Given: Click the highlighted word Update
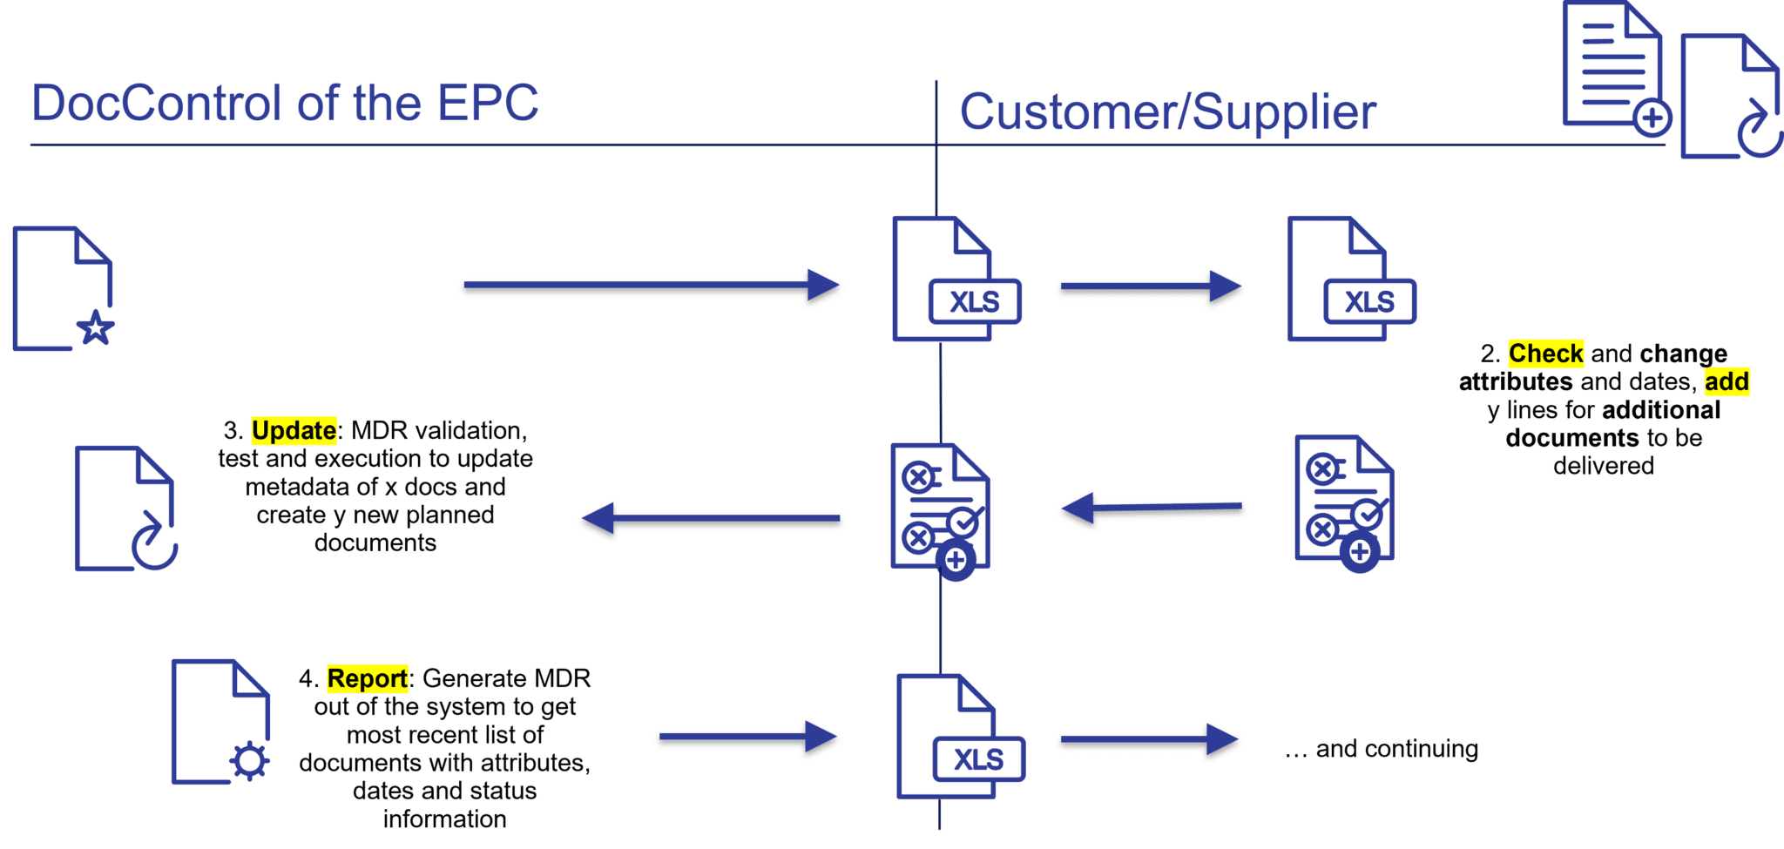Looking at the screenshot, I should point(294,431).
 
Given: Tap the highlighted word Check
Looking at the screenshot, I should point(1545,354).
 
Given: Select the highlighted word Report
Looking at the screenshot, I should point(367,678).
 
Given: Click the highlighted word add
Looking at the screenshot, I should point(1727,381).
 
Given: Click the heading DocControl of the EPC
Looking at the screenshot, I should point(285,104).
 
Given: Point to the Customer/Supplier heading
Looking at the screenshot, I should point(1167,112).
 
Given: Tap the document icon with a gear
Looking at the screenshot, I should point(220,722).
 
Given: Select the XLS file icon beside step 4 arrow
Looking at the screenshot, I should point(958,738).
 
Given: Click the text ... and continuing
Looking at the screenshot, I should point(1382,749).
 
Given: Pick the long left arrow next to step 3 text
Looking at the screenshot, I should point(711,521).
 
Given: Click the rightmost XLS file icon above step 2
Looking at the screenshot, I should point(1349,279).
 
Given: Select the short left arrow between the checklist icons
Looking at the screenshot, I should point(1152,509).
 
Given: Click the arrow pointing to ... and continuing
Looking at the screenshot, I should point(1148,741).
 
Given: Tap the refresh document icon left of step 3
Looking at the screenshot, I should point(125,509).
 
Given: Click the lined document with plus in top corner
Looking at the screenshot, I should point(1614,68).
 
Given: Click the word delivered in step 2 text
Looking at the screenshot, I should point(1603,466).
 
